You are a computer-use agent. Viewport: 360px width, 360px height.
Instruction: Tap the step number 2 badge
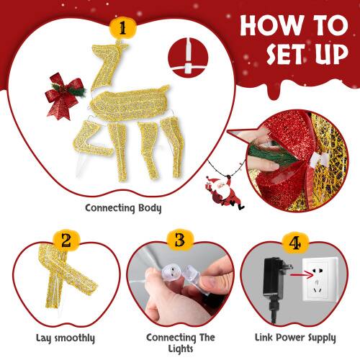[65, 241]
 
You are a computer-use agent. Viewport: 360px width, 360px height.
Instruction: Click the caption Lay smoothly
[66, 338]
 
